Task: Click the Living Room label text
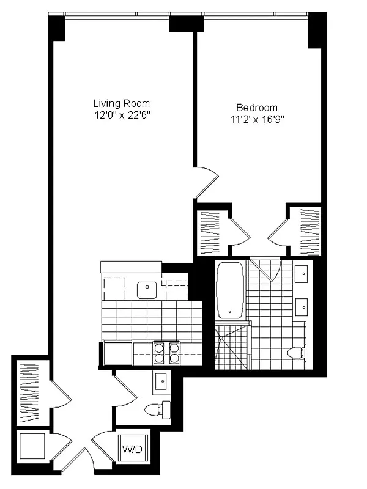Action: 121,103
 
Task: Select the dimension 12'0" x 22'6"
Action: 121,114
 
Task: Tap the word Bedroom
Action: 256,107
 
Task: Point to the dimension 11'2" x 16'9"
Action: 256,119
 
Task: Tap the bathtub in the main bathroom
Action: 230,290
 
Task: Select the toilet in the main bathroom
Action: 297,353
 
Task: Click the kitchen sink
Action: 147,290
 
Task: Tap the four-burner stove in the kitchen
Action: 167,352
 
